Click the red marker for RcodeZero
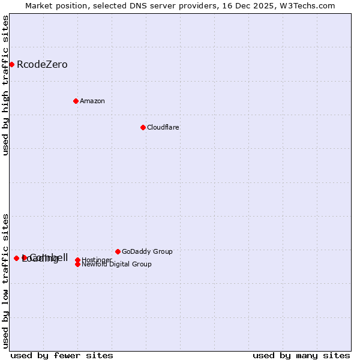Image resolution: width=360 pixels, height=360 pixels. (x=11, y=64)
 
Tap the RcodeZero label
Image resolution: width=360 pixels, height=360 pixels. (x=42, y=65)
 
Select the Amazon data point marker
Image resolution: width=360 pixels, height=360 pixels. (x=76, y=101)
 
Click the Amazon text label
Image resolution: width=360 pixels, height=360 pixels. (x=92, y=101)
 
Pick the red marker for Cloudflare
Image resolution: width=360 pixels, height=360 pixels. (x=143, y=127)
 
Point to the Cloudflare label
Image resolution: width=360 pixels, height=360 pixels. (x=163, y=127)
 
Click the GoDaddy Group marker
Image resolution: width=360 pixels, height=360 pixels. (x=118, y=251)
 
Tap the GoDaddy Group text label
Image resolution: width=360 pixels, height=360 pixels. (x=147, y=251)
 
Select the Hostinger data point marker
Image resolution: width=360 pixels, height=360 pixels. (x=77, y=260)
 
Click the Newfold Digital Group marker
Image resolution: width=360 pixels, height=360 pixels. (x=77, y=264)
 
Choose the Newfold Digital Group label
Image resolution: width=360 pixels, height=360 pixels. (x=117, y=265)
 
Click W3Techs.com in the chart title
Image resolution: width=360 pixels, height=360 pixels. (x=308, y=5)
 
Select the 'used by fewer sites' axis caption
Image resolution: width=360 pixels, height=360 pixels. (x=62, y=355)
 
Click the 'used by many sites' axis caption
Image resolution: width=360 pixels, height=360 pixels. (x=301, y=355)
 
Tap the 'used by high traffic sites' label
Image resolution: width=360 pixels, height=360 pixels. (x=5, y=85)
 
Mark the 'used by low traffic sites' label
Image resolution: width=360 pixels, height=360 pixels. (x=5, y=280)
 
